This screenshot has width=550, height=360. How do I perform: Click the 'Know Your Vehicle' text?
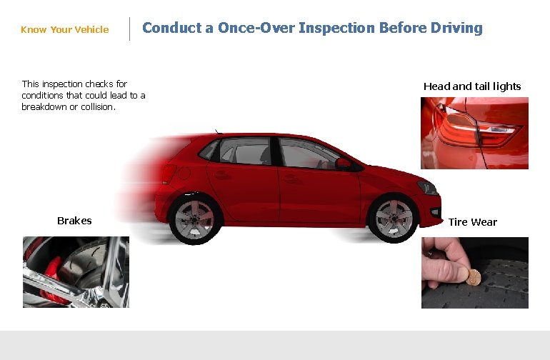coord(65,30)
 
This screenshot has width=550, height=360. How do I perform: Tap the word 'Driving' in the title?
coord(456,29)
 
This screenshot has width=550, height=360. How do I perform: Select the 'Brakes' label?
coord(74,221)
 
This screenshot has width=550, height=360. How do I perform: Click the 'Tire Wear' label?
coord(473,222)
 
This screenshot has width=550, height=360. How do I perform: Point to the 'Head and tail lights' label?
coord(472,86)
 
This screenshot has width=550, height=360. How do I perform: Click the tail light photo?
coord(474,133)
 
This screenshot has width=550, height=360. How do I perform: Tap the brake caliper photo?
coord(76,272)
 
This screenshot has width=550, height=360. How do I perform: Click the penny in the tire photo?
coord(473,276)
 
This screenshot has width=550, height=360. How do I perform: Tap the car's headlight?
coord(427,188)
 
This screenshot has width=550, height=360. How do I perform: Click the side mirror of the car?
coord(344,164)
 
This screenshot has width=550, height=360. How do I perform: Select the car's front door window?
coord(307,154)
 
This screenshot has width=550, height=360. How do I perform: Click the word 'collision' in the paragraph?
coord(97,107)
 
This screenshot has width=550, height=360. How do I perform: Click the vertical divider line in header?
coord(129,29)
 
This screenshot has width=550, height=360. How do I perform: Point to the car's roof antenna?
coord(217,131)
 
